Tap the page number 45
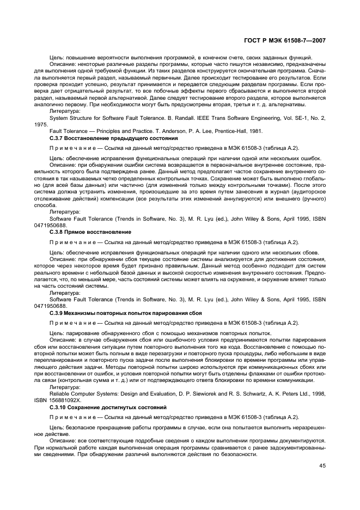(x=322, y=465)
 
